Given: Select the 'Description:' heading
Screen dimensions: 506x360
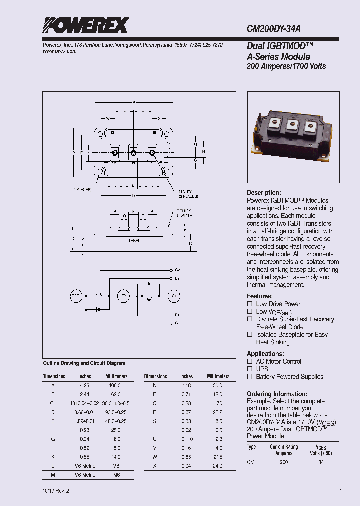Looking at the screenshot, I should [264, 193].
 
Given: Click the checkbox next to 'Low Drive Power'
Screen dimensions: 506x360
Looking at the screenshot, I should [250, 304].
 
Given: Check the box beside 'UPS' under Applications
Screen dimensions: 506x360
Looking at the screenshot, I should [250, 369].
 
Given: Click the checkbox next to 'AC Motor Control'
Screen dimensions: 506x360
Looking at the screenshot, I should [250, 361].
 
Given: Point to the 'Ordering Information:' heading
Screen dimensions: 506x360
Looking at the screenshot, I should [277, 394].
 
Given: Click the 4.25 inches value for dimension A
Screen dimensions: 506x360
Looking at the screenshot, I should [85, 386].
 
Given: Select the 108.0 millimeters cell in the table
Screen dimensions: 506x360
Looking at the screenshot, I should [115, 386].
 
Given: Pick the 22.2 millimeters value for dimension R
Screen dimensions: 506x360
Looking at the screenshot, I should [218, 412].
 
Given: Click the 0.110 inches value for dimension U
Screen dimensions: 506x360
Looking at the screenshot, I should [187, 438].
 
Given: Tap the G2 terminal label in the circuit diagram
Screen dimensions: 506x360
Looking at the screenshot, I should [177, 269].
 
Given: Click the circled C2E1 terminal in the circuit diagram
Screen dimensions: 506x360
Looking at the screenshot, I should [76, 296].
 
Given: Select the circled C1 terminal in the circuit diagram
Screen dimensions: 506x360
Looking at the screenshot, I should [174, 296].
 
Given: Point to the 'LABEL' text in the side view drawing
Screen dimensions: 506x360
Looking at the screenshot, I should [134, 241].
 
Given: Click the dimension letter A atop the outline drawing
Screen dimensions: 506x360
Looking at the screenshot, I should [134, 102].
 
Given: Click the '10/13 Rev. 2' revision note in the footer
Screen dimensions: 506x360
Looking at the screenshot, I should [56, 491].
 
